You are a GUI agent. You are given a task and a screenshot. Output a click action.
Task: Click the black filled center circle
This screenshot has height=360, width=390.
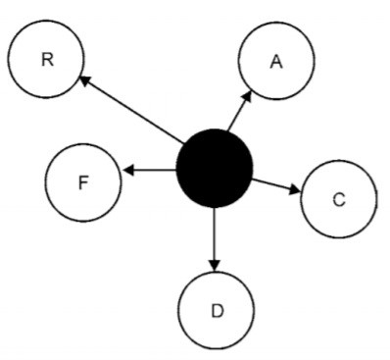tap(215, 170)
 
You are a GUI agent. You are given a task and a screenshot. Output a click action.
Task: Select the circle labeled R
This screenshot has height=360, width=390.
tap(46, 60)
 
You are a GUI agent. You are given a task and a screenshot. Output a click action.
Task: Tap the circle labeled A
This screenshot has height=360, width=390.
tap(276, 62)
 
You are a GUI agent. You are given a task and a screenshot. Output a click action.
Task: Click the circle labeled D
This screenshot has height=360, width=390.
tap(217, 310)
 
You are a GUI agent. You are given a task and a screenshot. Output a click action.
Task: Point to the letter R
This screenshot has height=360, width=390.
tap(46, 60)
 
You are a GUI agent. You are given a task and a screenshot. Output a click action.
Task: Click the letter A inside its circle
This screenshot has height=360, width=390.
tap(276, 62)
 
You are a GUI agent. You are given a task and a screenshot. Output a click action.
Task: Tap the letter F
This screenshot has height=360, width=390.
tap(83, 181)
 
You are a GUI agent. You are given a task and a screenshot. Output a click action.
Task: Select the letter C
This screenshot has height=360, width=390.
tap(338, 200)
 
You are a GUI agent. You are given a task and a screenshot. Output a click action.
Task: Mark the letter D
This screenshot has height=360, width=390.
tap(217, 311)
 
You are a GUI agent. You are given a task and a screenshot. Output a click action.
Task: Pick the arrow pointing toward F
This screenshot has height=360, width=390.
tap(149, 171)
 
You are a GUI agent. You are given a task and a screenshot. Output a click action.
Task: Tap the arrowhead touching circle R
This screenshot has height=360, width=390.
tap(86, 82)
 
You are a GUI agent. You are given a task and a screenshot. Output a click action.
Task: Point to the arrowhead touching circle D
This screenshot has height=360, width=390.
tap(215, 266)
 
